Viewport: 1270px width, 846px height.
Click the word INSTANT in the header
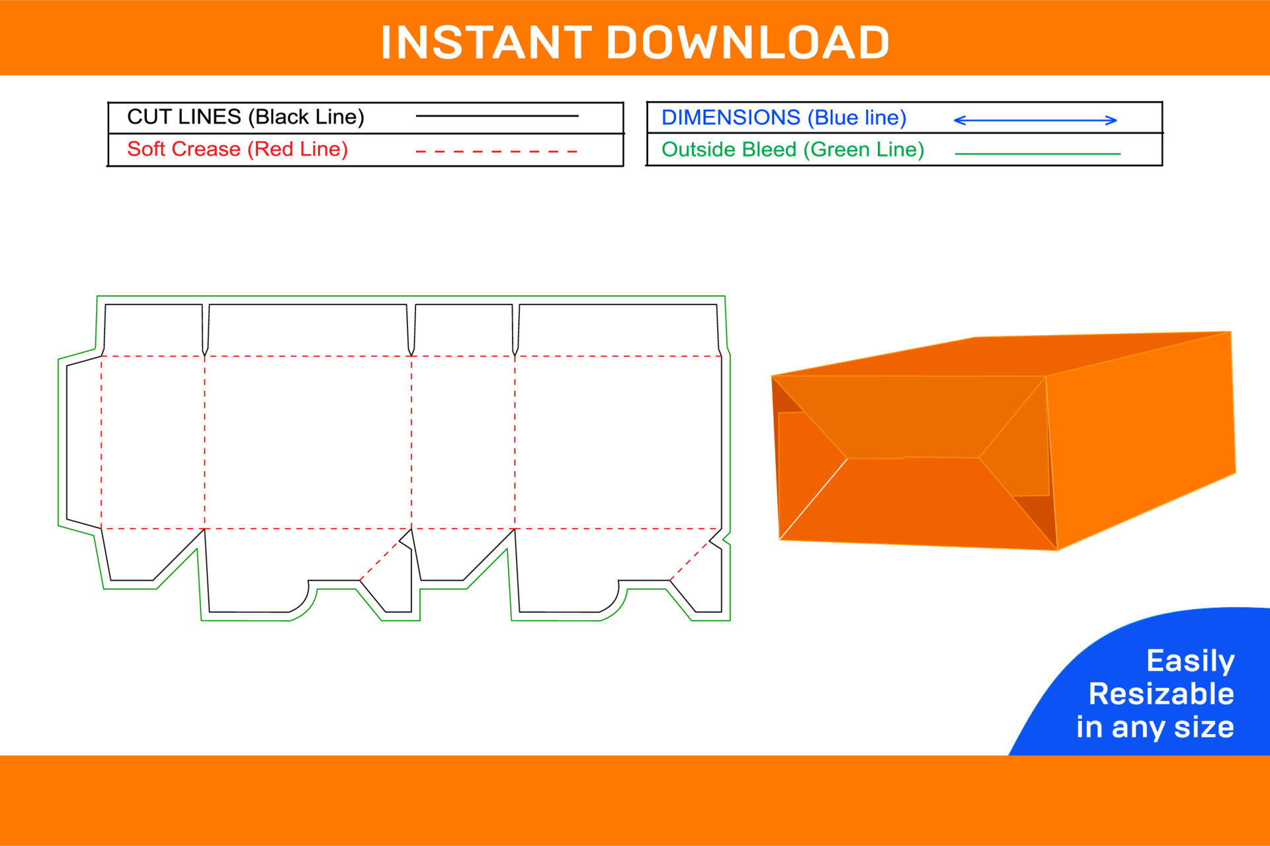(x=486, y=43)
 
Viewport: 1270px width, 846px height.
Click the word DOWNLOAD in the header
(x=747, y=43)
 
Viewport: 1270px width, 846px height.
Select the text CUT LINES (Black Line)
(x=245, y=117)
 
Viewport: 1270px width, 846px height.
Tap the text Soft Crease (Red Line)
(x=237, y=150)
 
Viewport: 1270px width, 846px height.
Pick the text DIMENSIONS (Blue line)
(x=783, y=118)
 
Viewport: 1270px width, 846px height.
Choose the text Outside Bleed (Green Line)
(x=792, y=150)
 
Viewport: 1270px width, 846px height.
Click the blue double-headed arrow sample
(x=1035, y=120)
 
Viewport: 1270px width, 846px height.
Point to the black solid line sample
(x=497, y=117)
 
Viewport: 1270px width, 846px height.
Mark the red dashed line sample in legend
(x=497, y=152)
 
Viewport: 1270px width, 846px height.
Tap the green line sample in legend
(x=1037, y=154)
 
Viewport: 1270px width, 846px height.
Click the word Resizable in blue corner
(x=1161, y=694)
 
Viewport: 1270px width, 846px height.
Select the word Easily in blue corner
(x=1190, y=661)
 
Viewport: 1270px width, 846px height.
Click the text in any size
(x=1155, y=727)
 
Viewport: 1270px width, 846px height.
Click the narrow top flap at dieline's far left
(x=153, y=330)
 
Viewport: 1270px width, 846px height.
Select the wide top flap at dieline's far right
(x=617, y=330)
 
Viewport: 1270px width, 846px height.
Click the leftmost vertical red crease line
(x=101, y=442)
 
